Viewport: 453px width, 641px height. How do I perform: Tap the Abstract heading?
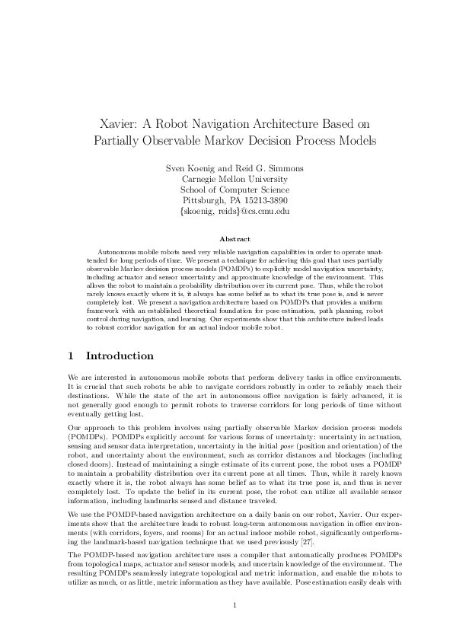tap(226, 238)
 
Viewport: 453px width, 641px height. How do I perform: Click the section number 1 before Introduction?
tap(70, 356)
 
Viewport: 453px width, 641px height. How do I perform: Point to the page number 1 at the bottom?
tap(226, 605)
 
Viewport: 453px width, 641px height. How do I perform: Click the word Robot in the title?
tap(170, 124)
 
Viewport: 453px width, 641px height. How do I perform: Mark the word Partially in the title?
tap(117, 141)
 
